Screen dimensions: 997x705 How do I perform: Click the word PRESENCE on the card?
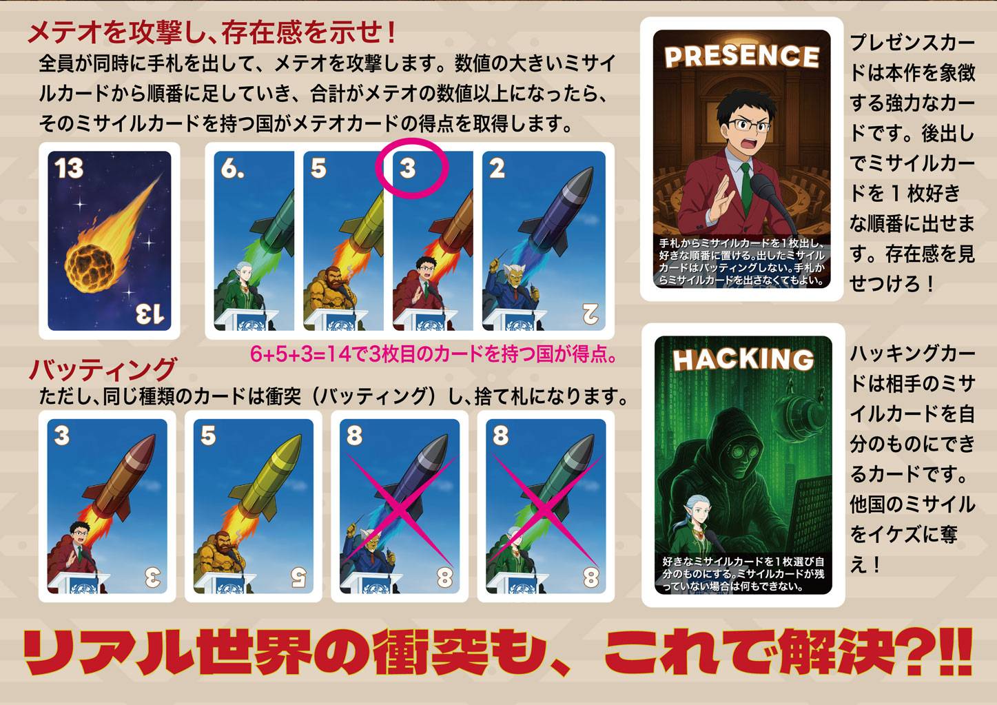point(741,57)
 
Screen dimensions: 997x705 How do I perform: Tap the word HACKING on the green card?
point(743,359)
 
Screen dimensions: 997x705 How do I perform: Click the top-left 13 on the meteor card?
point(69,168)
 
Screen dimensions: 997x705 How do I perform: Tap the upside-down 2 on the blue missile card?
point(590,314)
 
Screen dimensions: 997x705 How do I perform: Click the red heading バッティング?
point(103,369)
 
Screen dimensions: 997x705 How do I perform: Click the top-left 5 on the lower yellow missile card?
point(208,436)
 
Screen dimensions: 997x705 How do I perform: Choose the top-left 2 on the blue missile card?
point(497,168)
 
